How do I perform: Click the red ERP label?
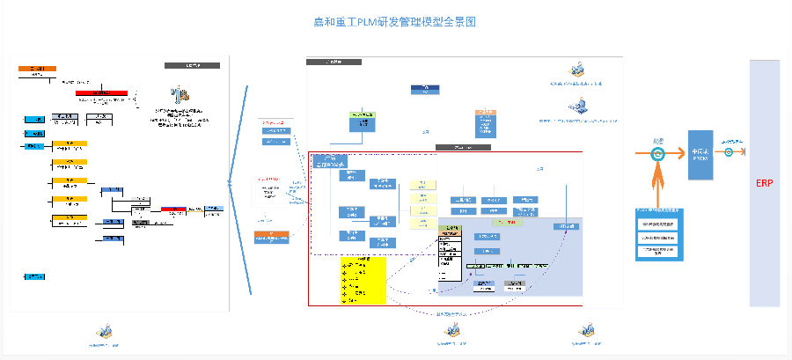[x=764, y=183]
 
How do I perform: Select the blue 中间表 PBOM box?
[x=700, y=154]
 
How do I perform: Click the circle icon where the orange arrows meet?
[x=657, y=153]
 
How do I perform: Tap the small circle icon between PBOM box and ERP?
[x=730, y=151]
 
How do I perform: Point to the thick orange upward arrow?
[x=657, y=187]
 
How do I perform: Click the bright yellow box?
[x=363, y=281]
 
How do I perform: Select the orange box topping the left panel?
[x=37, y=68]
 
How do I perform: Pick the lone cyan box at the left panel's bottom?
[x=35, y=276]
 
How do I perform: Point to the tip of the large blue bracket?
[x=230, y=183]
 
